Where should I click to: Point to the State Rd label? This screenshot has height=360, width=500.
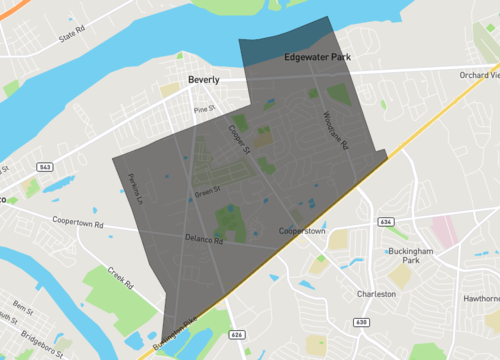73,34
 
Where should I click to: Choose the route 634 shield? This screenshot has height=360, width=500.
385,221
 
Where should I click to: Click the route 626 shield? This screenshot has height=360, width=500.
237,334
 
